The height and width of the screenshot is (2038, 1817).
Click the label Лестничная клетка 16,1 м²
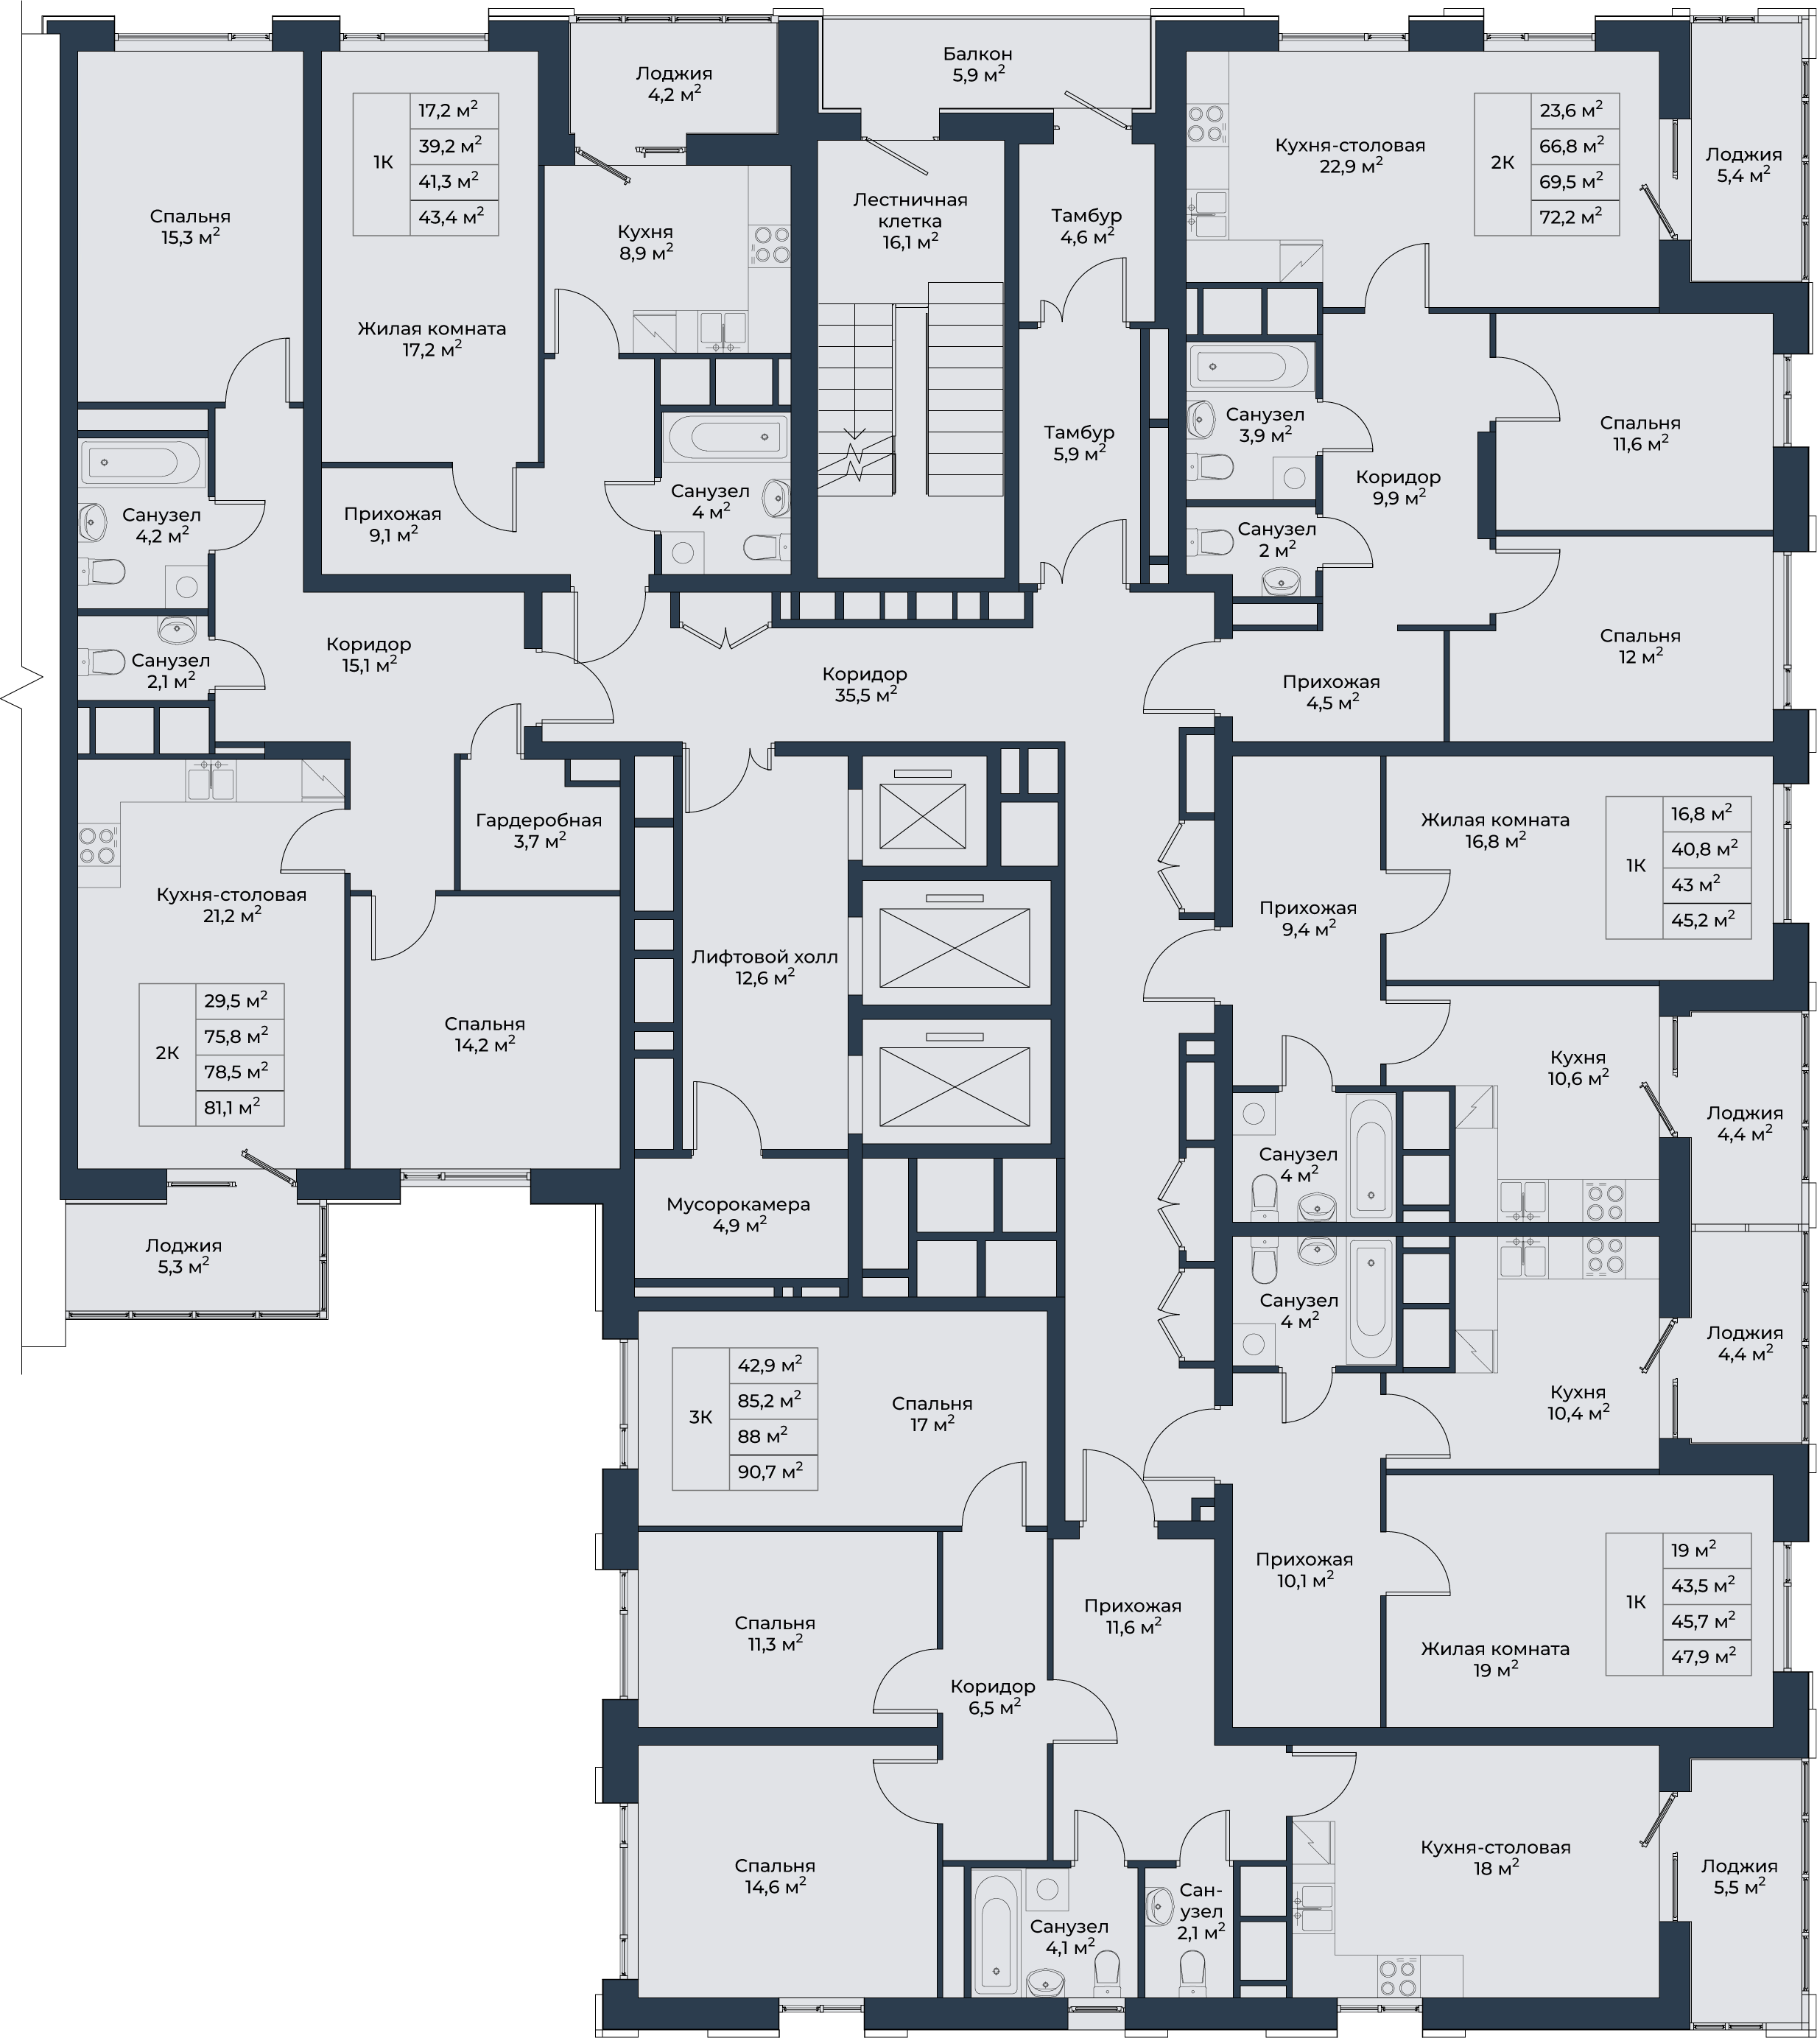click(910, 219)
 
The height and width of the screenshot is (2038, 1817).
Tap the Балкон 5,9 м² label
click(977, 64)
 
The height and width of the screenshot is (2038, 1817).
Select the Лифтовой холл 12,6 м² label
click(765, 966)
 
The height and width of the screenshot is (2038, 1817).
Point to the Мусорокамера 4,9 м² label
click(738, 1215)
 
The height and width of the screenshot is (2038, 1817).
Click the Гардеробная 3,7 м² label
click(539, 830)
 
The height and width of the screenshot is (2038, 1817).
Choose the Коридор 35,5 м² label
click(865, 684)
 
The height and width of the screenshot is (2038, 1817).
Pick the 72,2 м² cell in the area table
click(1575, 217)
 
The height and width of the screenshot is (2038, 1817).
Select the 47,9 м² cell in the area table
click(1708, 1656)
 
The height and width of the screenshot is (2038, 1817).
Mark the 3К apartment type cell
click(701, 1418)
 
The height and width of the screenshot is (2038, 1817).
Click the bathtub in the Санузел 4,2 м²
click(135, 463)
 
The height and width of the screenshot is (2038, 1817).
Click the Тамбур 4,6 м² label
click(1086, 225)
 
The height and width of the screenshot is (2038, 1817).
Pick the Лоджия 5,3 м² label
click(183, 1256)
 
